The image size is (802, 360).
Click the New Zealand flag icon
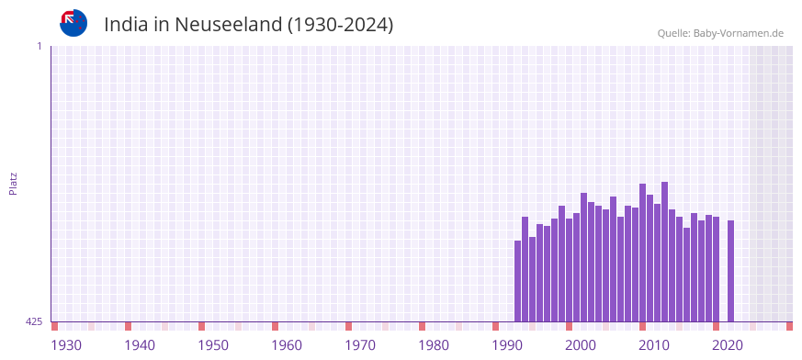tap(73, 23)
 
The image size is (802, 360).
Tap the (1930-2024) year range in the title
tap(340, 25)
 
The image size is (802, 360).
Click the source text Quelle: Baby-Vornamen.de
tap(719, 33)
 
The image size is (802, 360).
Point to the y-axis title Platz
tap(13, 183)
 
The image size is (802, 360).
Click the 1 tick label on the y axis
tap(40, 46)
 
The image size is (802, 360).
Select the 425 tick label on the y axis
tap(34, 321)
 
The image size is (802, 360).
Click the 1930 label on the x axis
tap(66, 345)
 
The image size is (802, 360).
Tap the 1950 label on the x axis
tap(213, 345)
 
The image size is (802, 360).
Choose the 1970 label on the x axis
tap(360, 345)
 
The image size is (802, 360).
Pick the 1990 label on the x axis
tap(507, 345)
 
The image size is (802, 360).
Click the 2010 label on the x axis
tap(654, 345)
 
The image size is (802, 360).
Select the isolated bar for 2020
tap(730, 271)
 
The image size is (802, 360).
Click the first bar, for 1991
tap(517, 281)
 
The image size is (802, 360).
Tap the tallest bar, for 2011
tap(664, 252)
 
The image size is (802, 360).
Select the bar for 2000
tap(583, 257)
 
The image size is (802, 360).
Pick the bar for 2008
tap(642, 253)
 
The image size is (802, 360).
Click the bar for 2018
tap(716, 269)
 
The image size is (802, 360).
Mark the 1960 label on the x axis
tap(287, 345)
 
